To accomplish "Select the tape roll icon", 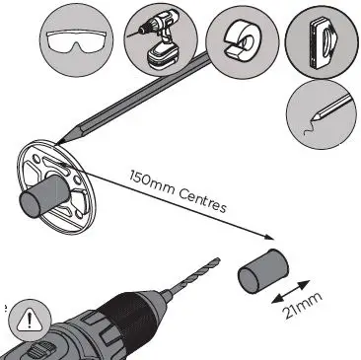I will (242, 38).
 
